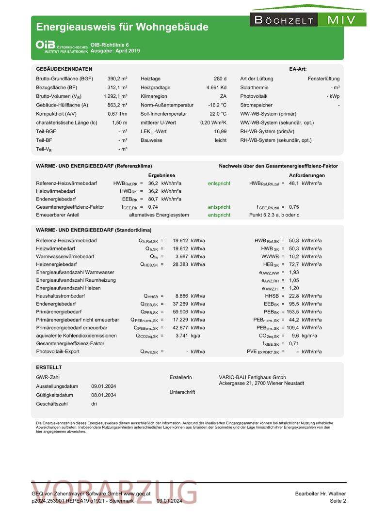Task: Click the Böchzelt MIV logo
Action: click(x=308, y=19)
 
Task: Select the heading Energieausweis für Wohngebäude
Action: click(x=122, y=27)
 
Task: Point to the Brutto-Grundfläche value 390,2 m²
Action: click(x=117, y=78)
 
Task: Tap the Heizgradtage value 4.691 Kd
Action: click(x=216, y=88)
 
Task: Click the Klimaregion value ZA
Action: click(x=223, y=96)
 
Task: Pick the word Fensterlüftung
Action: click(x=323, y=78)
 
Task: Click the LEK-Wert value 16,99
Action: click(x=220, y=131)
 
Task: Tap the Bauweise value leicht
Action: click(x=221, y=140)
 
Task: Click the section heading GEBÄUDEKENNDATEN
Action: click(x=64, y=69)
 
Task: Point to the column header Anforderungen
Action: click(x=307, y=175)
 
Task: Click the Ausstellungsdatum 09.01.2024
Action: click(x=103, y=386)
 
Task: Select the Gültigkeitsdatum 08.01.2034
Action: click(x=103, y=395)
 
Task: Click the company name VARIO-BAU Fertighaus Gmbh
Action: click(x=252, y=377)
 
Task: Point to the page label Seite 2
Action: click(x=338, y=501)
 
